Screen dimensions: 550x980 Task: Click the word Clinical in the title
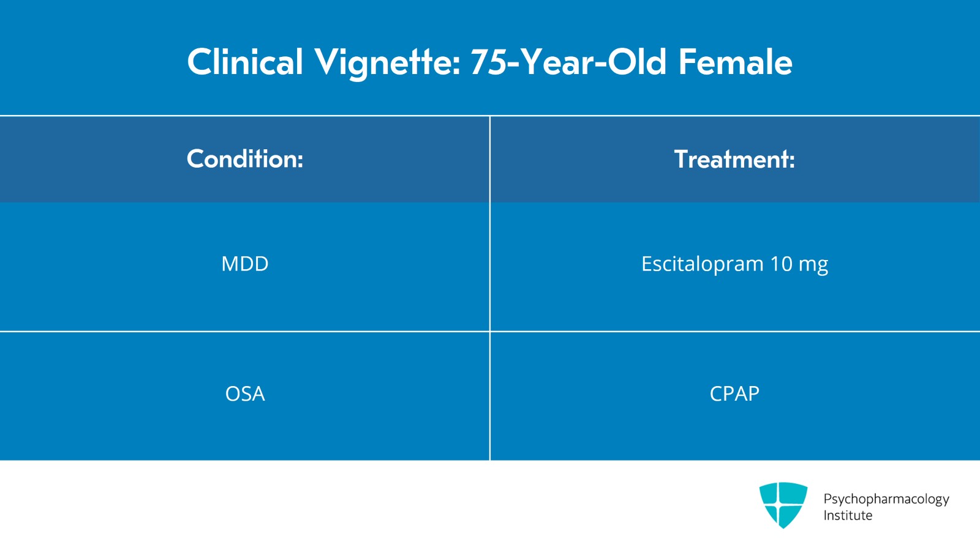(245, 62)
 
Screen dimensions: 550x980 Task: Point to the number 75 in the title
(488, 62)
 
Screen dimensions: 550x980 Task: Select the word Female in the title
(735, 62)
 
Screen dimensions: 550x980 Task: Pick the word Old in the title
(637, 62)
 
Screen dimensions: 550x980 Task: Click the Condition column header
(245, 159)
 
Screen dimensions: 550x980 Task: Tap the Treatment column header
(734, 159)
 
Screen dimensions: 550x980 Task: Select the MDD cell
(245, 264)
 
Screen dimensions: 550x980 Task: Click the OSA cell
(245, 393)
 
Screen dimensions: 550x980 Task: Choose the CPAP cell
(734, 393)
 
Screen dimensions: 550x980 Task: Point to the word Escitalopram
(702, 264)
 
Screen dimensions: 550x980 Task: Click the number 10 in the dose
(781, 264)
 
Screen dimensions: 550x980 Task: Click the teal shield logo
(783, 505)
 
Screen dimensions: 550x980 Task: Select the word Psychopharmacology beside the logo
(886, 499)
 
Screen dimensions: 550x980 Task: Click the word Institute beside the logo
(848, 515)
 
